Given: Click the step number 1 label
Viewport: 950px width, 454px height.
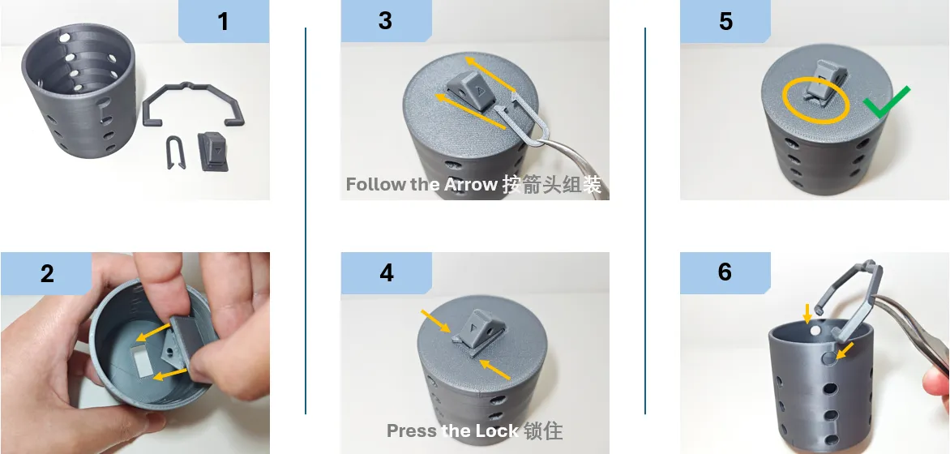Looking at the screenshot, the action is coord(223,21).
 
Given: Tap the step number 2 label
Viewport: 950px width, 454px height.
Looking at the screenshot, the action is coord(47,273).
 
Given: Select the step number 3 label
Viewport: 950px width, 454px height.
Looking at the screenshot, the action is coord(385,20).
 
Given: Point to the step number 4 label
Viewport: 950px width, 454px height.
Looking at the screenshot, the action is coord(386,273).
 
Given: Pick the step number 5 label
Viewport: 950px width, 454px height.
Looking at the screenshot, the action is coord(725,20).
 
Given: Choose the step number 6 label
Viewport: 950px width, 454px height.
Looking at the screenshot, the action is coord(725,272).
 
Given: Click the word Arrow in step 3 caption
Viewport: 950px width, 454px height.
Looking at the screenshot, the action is coord(471,184).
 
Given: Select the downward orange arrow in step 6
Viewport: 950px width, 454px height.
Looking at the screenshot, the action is coord(807,314).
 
